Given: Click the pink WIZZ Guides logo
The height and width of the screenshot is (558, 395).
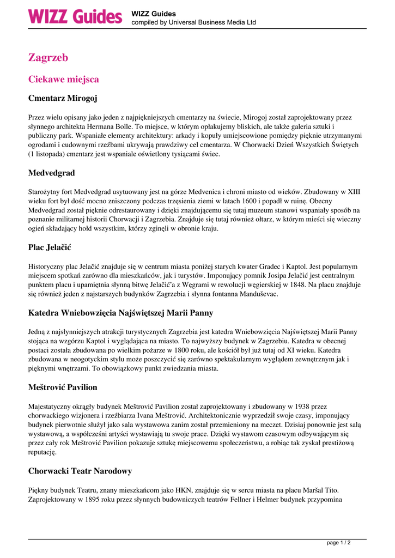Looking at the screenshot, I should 75,16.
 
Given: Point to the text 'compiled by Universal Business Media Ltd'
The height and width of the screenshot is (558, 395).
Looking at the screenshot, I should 193,22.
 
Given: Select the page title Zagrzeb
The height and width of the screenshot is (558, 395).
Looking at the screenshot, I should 48,57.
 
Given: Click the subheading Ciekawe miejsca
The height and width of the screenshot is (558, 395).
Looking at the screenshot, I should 63,80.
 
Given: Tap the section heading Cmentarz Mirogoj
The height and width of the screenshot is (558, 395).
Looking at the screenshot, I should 63,99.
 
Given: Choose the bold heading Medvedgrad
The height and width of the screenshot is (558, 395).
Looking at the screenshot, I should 52,173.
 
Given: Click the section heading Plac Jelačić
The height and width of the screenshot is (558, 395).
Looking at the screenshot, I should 50,247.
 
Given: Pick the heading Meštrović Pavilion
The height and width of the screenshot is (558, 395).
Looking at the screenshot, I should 63,387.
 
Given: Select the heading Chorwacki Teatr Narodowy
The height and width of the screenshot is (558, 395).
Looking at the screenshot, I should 80,471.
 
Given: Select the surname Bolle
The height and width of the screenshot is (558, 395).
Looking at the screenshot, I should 118,126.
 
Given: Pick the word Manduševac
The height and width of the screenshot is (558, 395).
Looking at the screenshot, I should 256,294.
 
